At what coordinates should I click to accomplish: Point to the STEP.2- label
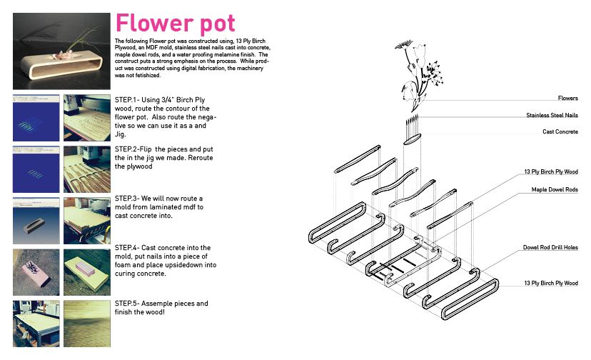(x=129, y=149)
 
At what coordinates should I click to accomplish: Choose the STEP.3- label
(x=129, y=198)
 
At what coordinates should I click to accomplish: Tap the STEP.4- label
(x=129, y=248)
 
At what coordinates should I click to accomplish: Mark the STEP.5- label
(x=129, y=304)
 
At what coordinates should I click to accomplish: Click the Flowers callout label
(x=567, y=99)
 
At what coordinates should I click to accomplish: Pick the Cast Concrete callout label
(x=560, y=131)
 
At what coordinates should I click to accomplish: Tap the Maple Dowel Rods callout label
(x=554, y=190)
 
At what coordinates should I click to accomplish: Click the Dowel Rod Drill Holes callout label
(x=550, y=247)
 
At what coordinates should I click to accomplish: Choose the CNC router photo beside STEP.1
(x=86, y=117)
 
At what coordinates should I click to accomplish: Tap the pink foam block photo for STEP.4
(x=86, y=271)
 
